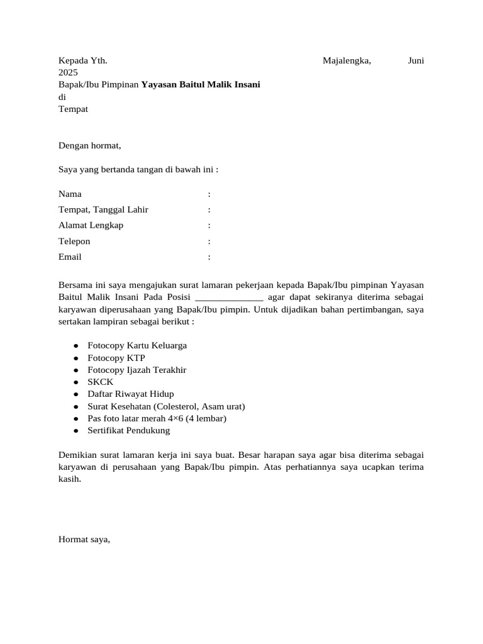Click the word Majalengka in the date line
point(347,61)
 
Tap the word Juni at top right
point(416,61)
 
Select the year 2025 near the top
point(68,73)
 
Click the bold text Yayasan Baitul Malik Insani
point(201,85)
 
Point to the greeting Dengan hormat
point(89,146)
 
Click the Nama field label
point(70,194)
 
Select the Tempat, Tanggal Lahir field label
point(103,210)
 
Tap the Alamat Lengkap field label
point(91,226)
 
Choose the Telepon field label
point(74,241)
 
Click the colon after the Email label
point(209,257)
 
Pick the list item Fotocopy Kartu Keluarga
point(137,346)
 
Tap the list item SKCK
point(101,382)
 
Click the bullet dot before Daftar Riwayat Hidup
point(75,394)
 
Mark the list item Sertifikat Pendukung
point(129,431)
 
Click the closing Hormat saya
point(84,539)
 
